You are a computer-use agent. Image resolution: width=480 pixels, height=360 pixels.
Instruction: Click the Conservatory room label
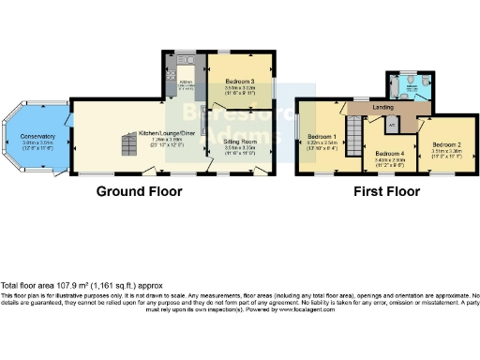37,136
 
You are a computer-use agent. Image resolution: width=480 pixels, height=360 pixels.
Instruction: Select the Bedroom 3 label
240,82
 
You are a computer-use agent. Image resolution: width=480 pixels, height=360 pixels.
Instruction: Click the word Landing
382,108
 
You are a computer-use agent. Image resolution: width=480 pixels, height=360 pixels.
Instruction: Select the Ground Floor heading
139,191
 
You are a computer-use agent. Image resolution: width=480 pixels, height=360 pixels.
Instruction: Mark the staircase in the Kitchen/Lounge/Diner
128,144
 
